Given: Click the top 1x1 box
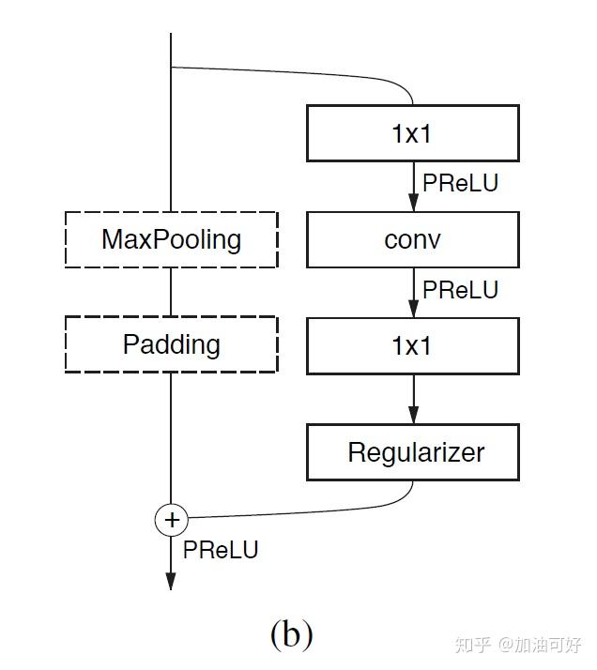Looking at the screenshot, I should click(x=412, y=133).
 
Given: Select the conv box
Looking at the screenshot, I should click(x=412, y=239).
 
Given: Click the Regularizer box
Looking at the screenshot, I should click(x=412, y=452).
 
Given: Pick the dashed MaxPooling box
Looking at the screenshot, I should click(x=171, y=239).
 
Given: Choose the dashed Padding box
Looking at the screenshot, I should click(x=171, y=344).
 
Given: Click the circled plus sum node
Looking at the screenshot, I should click(x=171, y=519).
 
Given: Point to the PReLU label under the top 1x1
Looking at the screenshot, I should click(x=460, y=183).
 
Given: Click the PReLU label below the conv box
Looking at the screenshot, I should click(x=460, y=290).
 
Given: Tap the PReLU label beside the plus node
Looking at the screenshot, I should click(x=221, y=549).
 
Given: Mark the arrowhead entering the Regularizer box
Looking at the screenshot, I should click(x=412, y=416).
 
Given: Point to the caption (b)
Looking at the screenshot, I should click(x=291, y=635).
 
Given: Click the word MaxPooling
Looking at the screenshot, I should click(x=171, y=239).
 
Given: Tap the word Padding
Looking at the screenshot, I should click(x=171, y=344).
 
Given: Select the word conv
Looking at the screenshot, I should click(x=412, y=239).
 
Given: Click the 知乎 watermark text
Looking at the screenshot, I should click(x=471, y=646).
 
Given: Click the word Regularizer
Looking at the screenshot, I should click(x=416, y=452).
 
